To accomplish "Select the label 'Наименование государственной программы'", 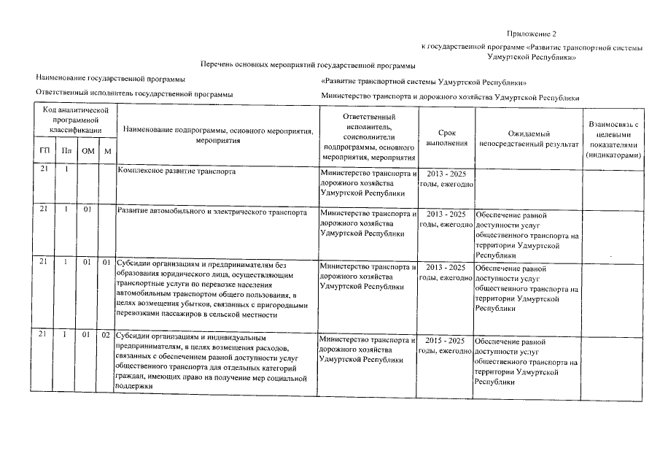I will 110,79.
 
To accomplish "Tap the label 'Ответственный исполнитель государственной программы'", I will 134,94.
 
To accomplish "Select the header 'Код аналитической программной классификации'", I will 75,119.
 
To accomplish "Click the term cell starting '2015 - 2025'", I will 446,346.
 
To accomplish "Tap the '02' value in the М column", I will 106,336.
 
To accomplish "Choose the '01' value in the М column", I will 106,262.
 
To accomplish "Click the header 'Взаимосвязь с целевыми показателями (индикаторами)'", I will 613,140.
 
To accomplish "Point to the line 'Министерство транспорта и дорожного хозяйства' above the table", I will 449,97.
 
